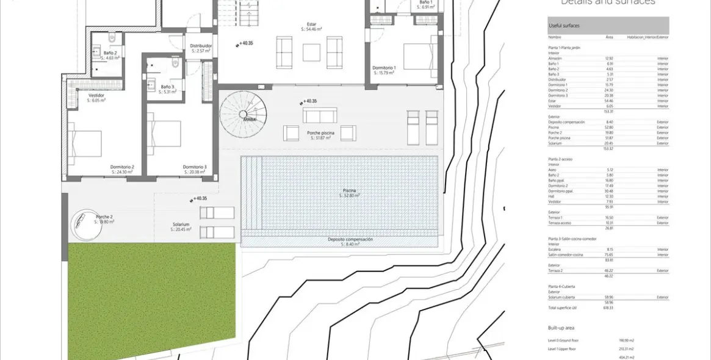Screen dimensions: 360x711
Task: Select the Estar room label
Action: [x=311, y=26]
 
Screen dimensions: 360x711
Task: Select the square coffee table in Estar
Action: [x=311, y=52]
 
